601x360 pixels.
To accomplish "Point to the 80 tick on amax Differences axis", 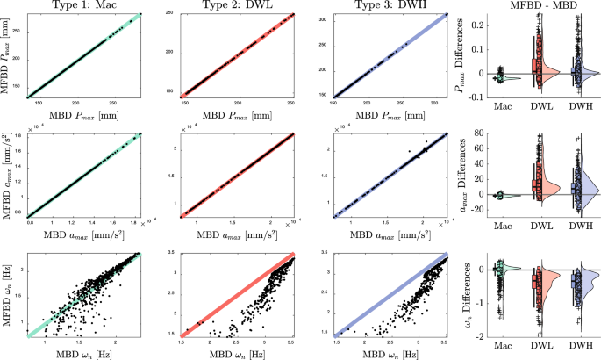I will pyautogui.click(x=483, y=133).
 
